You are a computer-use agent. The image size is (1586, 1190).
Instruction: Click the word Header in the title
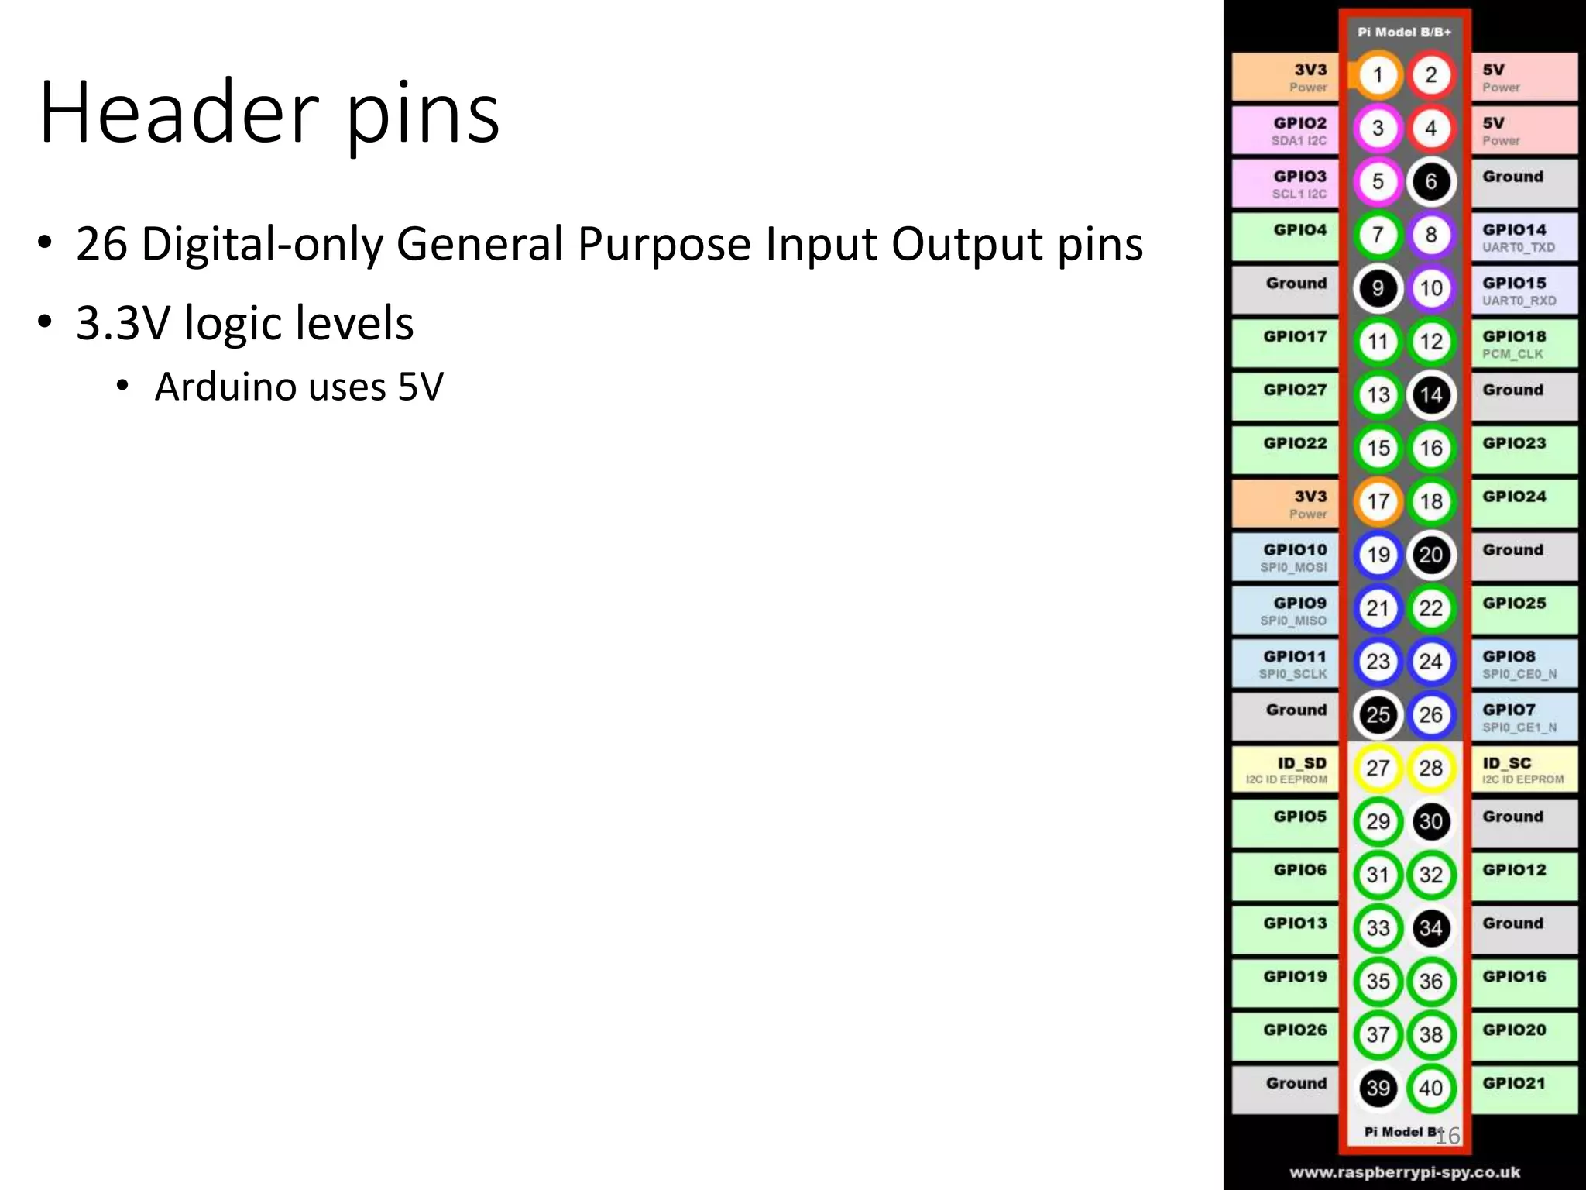[178, 112]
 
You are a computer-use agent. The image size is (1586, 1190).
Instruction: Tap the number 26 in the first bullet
[101, 244]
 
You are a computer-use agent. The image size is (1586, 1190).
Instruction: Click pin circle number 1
[1378, 75]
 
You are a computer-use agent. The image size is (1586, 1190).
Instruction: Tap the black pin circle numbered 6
[1430, 181]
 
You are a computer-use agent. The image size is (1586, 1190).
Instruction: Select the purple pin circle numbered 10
[1430, 288]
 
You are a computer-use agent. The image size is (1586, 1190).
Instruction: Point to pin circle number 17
[1378, 501]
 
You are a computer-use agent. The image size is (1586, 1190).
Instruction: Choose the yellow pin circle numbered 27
[1378, 768]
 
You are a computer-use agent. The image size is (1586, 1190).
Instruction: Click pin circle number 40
[1430, 1088]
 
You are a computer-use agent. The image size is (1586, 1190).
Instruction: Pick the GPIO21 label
[1515, 1083]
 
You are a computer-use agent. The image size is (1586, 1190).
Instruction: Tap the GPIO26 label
[1295, 1030]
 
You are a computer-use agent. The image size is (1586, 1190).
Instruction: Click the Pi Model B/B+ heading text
[1404, 33]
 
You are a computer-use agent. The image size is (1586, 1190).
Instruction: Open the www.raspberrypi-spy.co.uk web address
[1404, 1172]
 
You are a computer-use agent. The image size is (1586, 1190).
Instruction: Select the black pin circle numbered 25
[1378, 714]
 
